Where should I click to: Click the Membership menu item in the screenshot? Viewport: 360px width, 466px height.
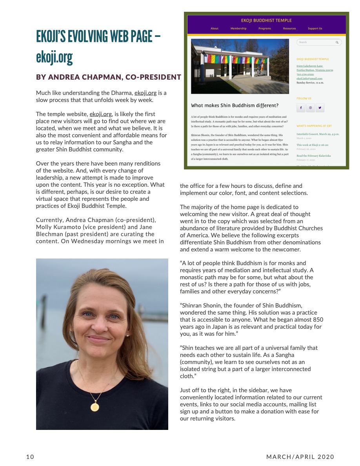pyautogui.click(x=238, y=29)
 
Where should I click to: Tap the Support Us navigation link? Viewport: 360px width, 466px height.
pyautogui.click(x=315, y=29)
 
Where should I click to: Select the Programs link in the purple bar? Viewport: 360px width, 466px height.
pyautogui.click(x=265, y=29)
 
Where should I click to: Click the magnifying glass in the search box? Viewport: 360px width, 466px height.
pyautogui.click(x=336, y=42)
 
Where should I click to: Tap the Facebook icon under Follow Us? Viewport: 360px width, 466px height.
pyautogui.click(x=301, y=107)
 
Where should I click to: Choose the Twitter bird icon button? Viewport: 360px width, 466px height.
pyautogui.click(x=320, y=107)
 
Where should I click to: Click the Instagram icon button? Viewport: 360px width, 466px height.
pyautogui.click(x=310, y=107)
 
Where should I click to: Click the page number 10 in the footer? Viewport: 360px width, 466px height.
pyautogui.click(x=30, y=457)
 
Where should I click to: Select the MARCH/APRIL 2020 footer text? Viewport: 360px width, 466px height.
pyautogui.click(x=300, y=457)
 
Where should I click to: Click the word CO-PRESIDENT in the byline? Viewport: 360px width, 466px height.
pyautogui.click(x=153, y=77)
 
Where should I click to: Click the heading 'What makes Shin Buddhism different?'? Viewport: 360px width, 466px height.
pyautogui.click(x=235, y=106)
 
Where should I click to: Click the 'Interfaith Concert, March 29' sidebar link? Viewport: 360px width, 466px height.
pyautogui.click(x=318, y=134)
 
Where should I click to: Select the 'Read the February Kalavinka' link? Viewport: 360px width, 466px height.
pyautogui.click(x=313, y=156)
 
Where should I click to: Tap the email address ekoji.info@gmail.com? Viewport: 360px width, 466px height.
pyautogui.click(x=309, y=79)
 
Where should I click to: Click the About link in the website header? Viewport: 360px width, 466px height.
pyautogui.click(x=215, y=29)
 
